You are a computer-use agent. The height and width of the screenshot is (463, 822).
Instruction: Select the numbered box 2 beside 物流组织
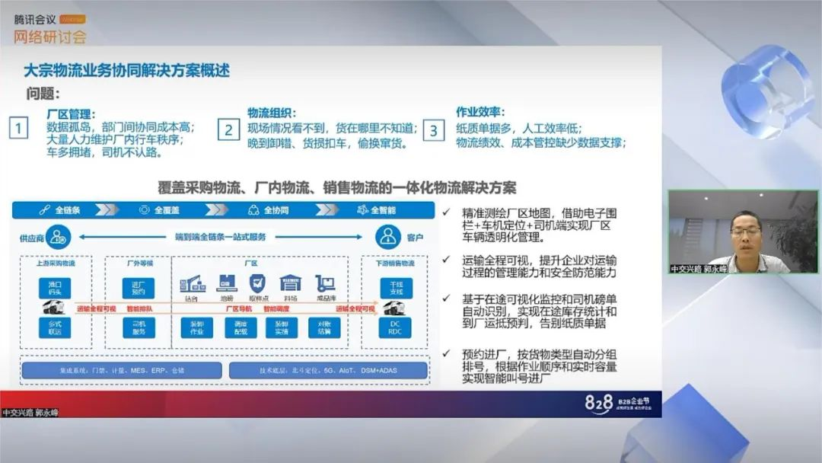228,129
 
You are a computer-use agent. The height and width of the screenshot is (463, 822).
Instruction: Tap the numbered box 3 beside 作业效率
434,129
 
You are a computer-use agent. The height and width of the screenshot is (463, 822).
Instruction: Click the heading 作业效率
480,112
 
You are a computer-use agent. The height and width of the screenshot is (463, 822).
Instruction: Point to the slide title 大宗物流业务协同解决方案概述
126,72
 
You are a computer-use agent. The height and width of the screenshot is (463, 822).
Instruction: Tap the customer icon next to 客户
387,237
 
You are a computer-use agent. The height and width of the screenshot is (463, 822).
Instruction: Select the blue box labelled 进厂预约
139,287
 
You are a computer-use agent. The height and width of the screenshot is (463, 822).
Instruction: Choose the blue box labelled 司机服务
139,327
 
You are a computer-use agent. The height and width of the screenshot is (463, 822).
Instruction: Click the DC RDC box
394,327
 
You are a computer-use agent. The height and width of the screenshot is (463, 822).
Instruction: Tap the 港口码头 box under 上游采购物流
55,287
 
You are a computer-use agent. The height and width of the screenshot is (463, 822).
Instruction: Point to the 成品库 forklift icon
325,284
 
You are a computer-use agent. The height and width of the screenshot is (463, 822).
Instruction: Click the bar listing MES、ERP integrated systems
122,371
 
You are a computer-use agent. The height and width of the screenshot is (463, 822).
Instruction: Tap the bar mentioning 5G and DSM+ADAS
327,371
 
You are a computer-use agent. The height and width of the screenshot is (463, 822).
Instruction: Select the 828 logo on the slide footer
599,404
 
